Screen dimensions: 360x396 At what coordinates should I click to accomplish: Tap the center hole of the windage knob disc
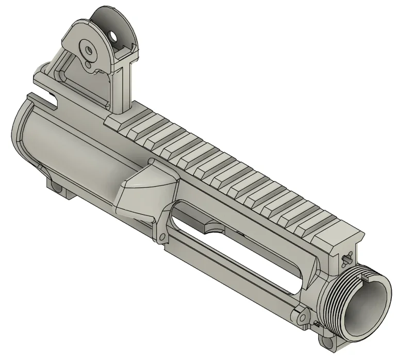tap(88, 51)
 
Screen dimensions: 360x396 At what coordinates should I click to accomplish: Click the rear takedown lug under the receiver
tap(58, 189)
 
